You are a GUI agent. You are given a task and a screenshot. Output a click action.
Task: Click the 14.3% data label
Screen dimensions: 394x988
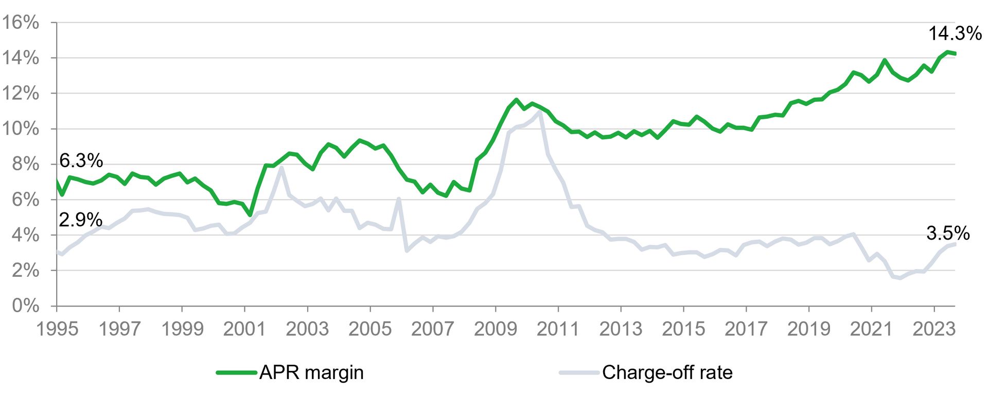955,33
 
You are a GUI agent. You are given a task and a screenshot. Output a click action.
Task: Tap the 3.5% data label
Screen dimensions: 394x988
948,234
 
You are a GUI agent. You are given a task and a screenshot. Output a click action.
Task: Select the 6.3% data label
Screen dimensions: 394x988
81,160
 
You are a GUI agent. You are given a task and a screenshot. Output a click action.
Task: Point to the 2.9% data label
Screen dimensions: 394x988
80,220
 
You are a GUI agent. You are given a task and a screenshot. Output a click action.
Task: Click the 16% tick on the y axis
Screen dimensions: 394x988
21,22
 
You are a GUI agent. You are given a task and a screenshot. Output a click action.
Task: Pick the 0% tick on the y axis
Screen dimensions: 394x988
26,306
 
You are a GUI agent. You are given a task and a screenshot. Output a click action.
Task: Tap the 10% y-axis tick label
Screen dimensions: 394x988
21,129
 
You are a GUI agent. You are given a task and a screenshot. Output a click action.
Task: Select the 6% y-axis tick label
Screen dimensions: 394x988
26,200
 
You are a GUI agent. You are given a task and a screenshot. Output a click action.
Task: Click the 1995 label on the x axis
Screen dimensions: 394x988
57,329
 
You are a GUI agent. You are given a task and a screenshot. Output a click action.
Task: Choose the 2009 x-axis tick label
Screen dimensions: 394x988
495,329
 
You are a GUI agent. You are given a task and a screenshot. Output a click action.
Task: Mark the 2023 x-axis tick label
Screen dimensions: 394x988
933,329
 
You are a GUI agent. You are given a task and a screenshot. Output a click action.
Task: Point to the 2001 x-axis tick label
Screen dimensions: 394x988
244,329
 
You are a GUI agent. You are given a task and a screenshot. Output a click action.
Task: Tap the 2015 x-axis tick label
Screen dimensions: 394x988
683,329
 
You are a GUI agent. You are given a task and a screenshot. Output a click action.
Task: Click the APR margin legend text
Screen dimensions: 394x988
311,372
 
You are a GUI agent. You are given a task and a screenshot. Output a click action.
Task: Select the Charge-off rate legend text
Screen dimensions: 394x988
667,372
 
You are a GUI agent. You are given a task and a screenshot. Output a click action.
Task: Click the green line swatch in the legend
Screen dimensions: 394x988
236,372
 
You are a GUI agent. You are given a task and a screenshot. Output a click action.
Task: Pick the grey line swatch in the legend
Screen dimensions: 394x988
579,372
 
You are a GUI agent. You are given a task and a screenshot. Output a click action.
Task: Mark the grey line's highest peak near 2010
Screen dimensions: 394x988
539,112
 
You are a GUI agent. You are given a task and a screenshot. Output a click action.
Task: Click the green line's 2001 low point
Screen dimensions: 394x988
250,214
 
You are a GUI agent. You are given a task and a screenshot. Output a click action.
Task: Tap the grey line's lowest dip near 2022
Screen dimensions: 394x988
900,278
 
